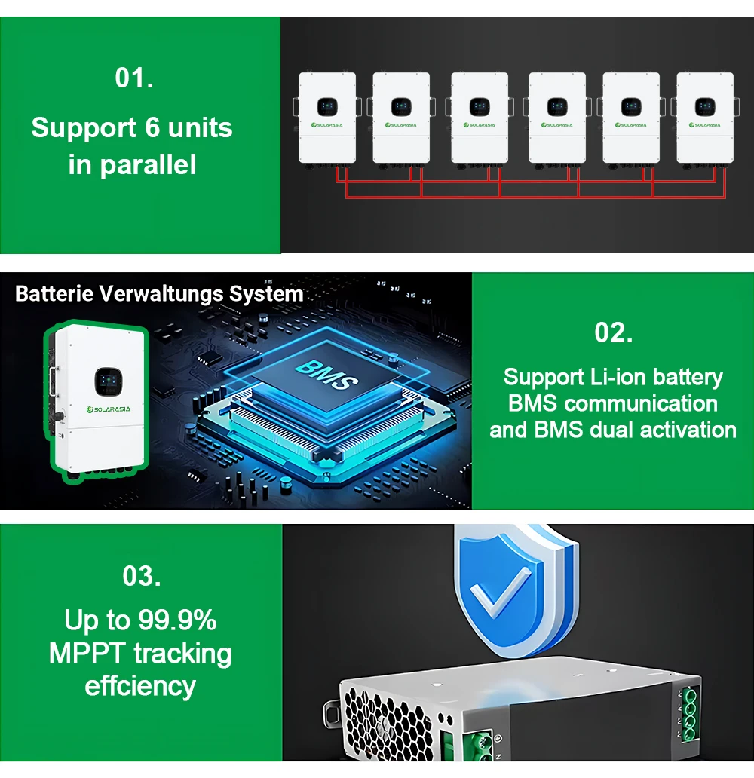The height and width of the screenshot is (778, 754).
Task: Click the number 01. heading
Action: (134, 78)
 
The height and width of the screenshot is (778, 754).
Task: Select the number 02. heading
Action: (613, 332)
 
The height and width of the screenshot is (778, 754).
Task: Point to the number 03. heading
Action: (141, 576)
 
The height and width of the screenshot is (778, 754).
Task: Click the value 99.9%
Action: (177, 620)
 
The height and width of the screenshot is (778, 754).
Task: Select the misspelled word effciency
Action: (140, 686)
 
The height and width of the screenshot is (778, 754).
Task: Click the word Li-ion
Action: (627, 377)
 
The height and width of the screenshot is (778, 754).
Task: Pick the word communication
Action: (640, 403)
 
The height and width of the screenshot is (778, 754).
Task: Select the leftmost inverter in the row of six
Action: (327, 117)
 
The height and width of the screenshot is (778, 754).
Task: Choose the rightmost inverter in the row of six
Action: (705, 117)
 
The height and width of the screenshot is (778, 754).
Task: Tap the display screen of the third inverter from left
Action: (479, 107)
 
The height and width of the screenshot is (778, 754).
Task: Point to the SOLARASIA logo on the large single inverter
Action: (109, 409)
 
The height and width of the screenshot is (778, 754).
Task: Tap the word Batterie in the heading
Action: (51, 293)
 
